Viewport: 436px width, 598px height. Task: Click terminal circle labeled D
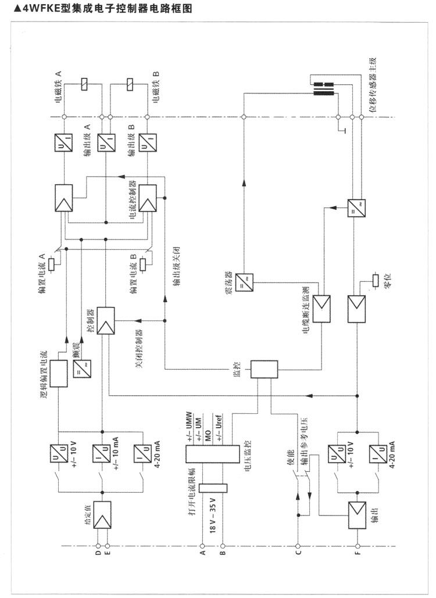(x=98, y=546)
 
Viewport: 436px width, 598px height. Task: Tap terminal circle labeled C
(x=297, y=546)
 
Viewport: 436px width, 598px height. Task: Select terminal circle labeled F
(x=356, y=546)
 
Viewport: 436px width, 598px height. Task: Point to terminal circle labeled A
(x=202, y=546)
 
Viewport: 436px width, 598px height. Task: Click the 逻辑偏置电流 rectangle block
(x=58, y=374)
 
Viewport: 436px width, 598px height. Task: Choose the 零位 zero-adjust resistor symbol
(x=375, y=282)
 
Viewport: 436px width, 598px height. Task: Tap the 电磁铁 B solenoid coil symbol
(x=129, y=85)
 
